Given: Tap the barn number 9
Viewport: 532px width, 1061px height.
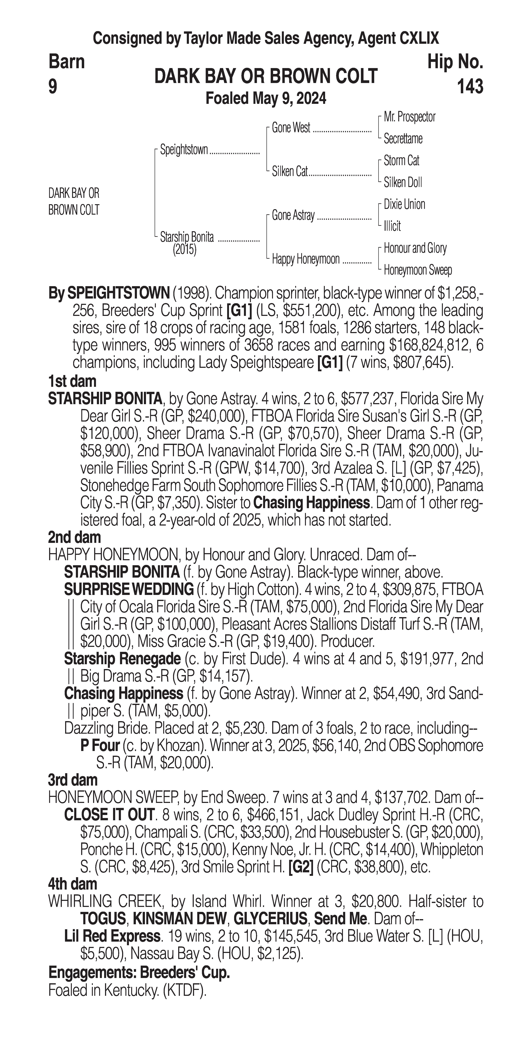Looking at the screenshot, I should [x=53, y=86].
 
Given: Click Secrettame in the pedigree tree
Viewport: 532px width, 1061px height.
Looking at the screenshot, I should [x=403, y=139].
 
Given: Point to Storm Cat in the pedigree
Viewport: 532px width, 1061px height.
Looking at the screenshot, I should [x=401, y=161].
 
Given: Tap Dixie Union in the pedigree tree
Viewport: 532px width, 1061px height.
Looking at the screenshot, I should [x=404, y=204].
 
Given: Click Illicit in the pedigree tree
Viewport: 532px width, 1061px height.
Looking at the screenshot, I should [x=392, y=226].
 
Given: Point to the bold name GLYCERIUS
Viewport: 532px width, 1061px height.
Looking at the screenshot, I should [x=270, y=919].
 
